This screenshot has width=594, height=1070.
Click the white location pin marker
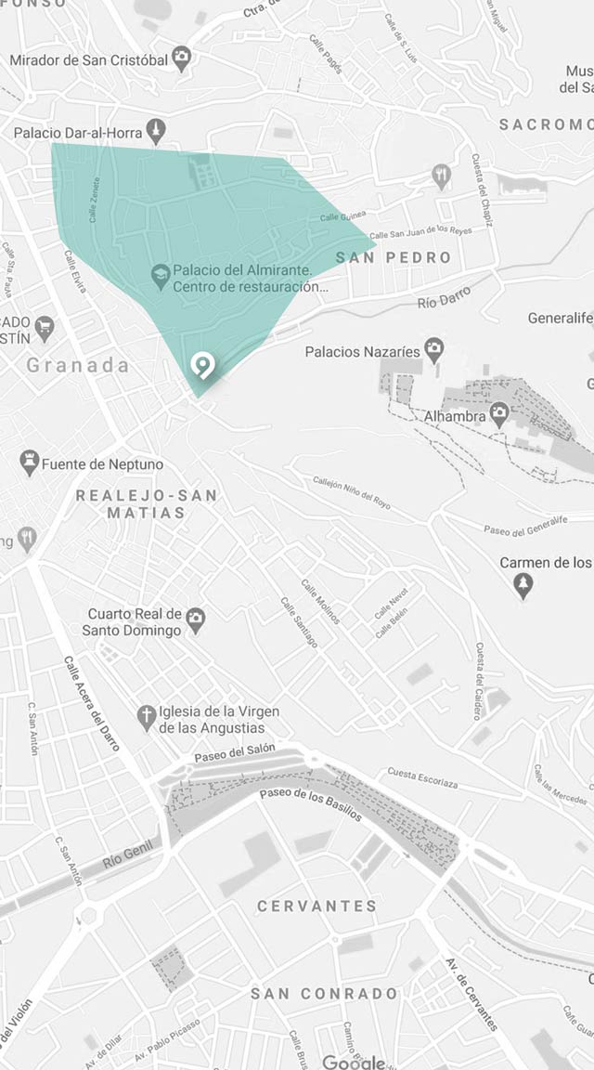pos(201,366)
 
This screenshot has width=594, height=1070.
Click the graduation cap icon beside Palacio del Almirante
pos(161,275)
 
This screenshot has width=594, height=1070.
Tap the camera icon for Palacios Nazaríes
pos(433,350)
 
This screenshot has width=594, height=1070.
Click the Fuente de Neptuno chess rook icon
pos(30,462)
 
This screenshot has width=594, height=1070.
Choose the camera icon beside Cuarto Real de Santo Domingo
pos(195,620)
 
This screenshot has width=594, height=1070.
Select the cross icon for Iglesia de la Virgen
pos(146,718)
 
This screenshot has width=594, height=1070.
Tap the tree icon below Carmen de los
pos(523,585)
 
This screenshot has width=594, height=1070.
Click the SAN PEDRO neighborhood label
pos(394,257)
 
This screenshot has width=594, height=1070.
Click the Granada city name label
pos(78,365)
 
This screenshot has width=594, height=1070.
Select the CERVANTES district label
pos(317,906)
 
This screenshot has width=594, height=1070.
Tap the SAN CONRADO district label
pos(324,994)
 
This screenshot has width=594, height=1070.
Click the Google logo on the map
pos(354,1062)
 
